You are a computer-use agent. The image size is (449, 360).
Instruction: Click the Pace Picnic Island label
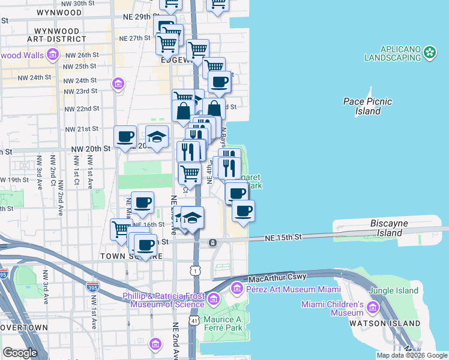pos(367,106)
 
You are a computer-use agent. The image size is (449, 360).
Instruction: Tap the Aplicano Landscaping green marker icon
pos(430,53)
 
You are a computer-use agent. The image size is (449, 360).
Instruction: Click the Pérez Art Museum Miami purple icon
pos(236,289)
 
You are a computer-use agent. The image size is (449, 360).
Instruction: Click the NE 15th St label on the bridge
pos(283,238)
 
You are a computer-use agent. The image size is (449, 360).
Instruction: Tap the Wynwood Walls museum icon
pos(52,56)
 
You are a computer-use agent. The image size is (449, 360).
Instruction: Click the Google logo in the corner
pos(20,352)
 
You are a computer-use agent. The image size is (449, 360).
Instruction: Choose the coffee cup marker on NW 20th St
pos(125,136)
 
